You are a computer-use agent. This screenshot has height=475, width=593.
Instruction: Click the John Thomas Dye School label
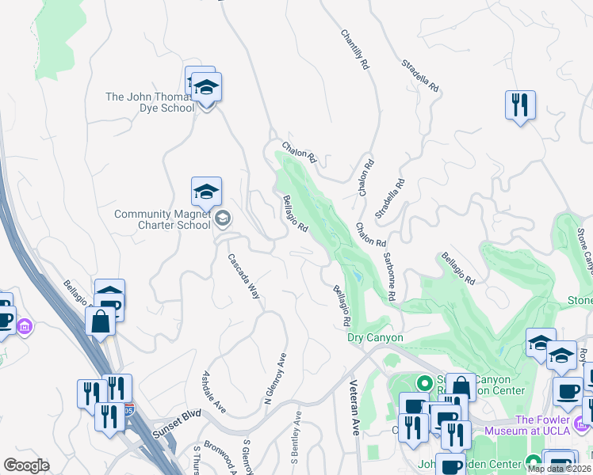pyautogui.click(x=150, y=102)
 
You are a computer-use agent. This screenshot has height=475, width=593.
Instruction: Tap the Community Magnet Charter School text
pyautogui.click(x=163, y=219)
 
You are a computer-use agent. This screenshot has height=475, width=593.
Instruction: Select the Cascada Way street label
pyautogui.click(x=244, y=275)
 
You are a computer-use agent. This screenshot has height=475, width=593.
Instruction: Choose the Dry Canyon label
pyautogui.click(x=376, y=338)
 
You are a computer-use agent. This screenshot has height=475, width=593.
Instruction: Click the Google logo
pyautogui.click(x=26, y=465)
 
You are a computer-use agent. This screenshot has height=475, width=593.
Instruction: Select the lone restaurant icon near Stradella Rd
pyautogui.click(x=520, y=104)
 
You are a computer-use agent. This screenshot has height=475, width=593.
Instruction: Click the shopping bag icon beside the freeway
pyautogui.click(x=100, y=321)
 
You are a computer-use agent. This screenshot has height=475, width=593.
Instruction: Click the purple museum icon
pyautogui.click(x=25, y=326)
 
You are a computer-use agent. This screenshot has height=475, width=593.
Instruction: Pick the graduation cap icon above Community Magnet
pyautogui.click(x=206, y=191)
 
